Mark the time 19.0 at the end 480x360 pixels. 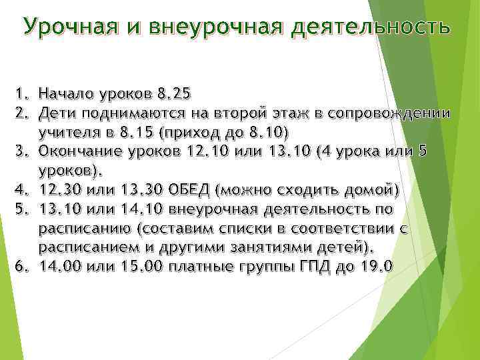click(x=375, y=267)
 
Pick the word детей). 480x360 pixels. click(x=351, y=247)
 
